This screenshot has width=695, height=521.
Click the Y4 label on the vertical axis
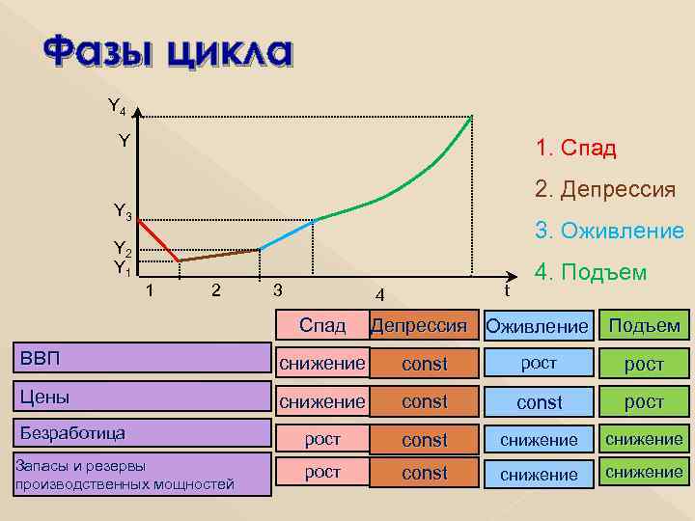115,105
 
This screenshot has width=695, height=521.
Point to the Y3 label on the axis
123,210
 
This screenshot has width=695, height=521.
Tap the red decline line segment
158,240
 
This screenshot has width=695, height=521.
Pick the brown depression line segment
219,255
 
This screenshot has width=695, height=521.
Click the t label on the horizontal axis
507,289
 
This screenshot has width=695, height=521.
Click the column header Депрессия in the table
425,325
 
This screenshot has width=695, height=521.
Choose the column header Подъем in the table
644,325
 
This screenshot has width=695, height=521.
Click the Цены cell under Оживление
539,402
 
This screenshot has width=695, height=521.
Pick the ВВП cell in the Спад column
322,363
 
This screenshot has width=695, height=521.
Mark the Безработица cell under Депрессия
425,440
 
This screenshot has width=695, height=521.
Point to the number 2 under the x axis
215,289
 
